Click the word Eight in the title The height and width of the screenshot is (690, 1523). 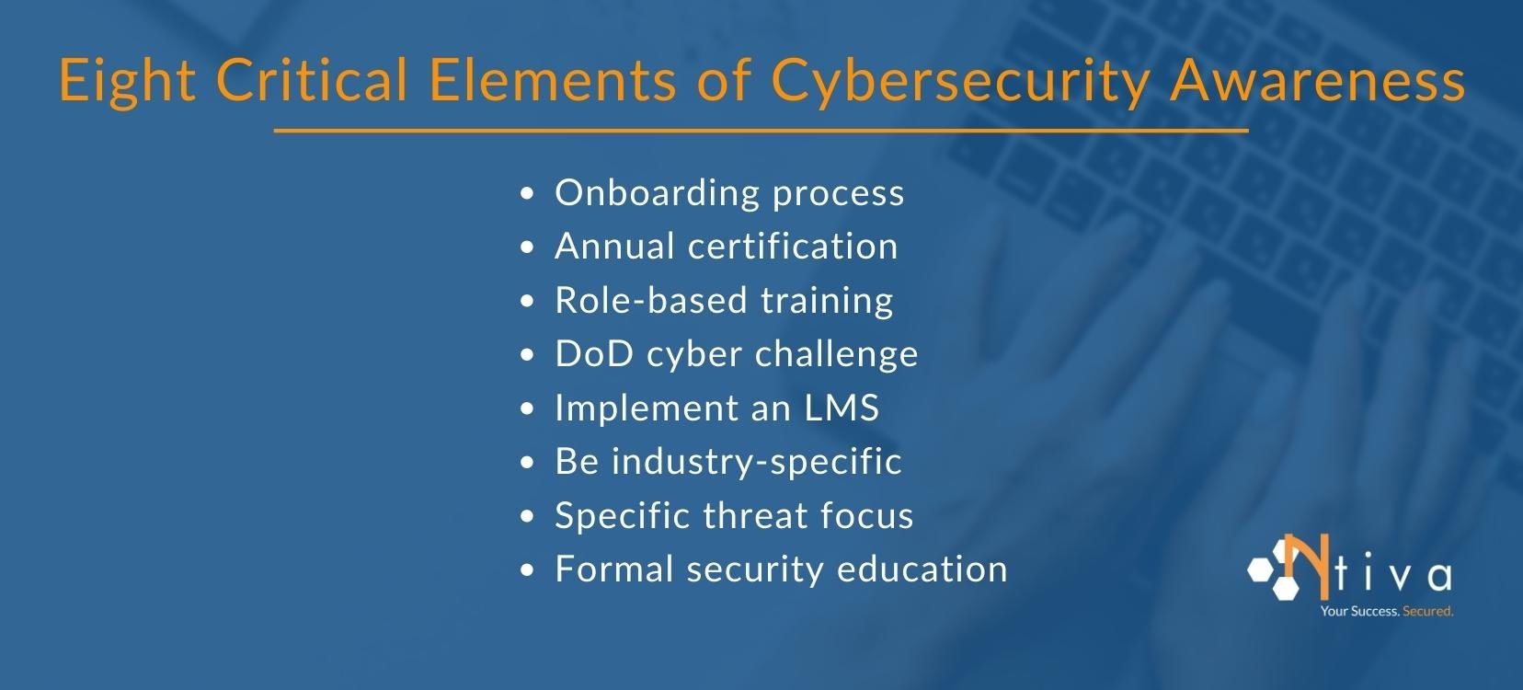coord(127,81)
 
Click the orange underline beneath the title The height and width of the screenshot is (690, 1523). coord(761,132)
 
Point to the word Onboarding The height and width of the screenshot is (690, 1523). coord(657,193)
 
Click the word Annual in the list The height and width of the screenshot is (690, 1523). coord(614,247)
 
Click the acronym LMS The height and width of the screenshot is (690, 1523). coord(842,408)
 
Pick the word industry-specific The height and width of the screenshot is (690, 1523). coord(756,462)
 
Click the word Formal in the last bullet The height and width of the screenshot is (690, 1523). coord(613,569)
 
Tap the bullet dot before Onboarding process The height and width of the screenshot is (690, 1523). coord(527,195)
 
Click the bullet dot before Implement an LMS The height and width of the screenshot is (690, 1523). coord(527,409)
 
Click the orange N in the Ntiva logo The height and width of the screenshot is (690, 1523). coord(1304,564)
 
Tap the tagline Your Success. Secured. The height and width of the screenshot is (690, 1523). coord(1386,611)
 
